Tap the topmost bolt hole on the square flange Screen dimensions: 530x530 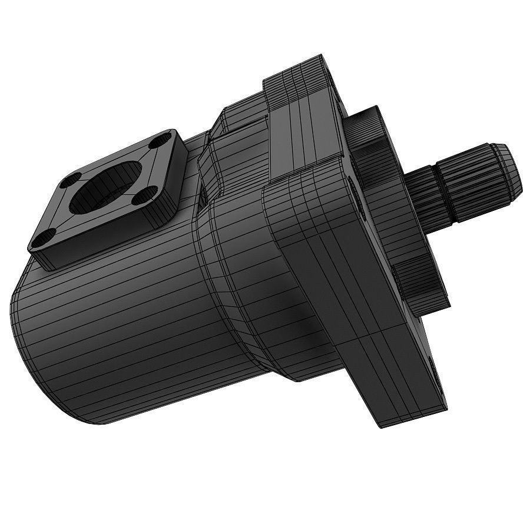point(158,142)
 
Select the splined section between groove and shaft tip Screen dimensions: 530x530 point(477,180)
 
